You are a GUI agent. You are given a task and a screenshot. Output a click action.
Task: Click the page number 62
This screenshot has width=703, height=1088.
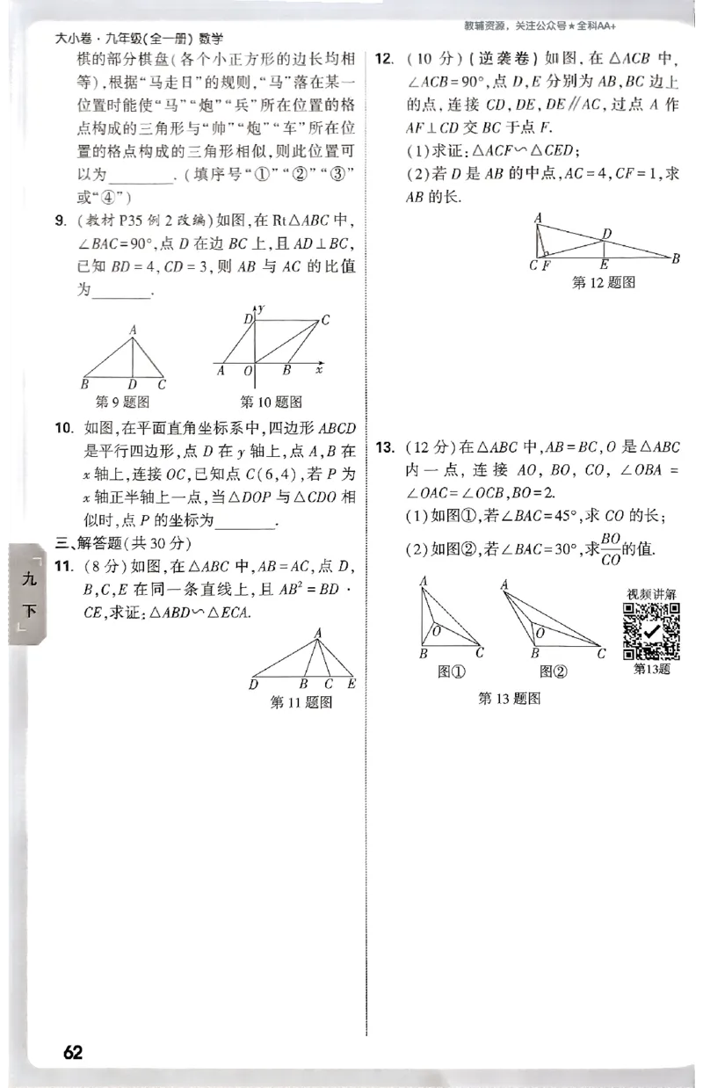(73, 1052)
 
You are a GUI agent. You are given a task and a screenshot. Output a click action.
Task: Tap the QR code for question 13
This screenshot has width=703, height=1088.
(651, 631)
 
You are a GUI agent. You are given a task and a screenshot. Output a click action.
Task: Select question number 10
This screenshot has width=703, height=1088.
(63, 429)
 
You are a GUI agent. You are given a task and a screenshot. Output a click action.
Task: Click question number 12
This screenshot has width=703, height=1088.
(384, 60)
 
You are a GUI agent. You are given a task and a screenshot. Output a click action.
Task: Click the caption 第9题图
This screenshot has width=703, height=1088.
(122, 402)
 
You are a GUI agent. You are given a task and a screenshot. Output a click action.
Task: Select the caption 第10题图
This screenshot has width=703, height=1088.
(271, 402)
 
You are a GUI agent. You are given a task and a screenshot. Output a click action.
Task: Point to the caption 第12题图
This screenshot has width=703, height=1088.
(603, 281)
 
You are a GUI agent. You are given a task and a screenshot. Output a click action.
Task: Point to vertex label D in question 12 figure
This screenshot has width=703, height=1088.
(606, 234)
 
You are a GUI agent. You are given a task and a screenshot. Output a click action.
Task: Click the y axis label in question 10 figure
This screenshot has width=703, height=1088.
(262, 308)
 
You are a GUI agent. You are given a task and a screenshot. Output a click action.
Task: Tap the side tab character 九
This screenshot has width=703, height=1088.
(30, 578)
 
